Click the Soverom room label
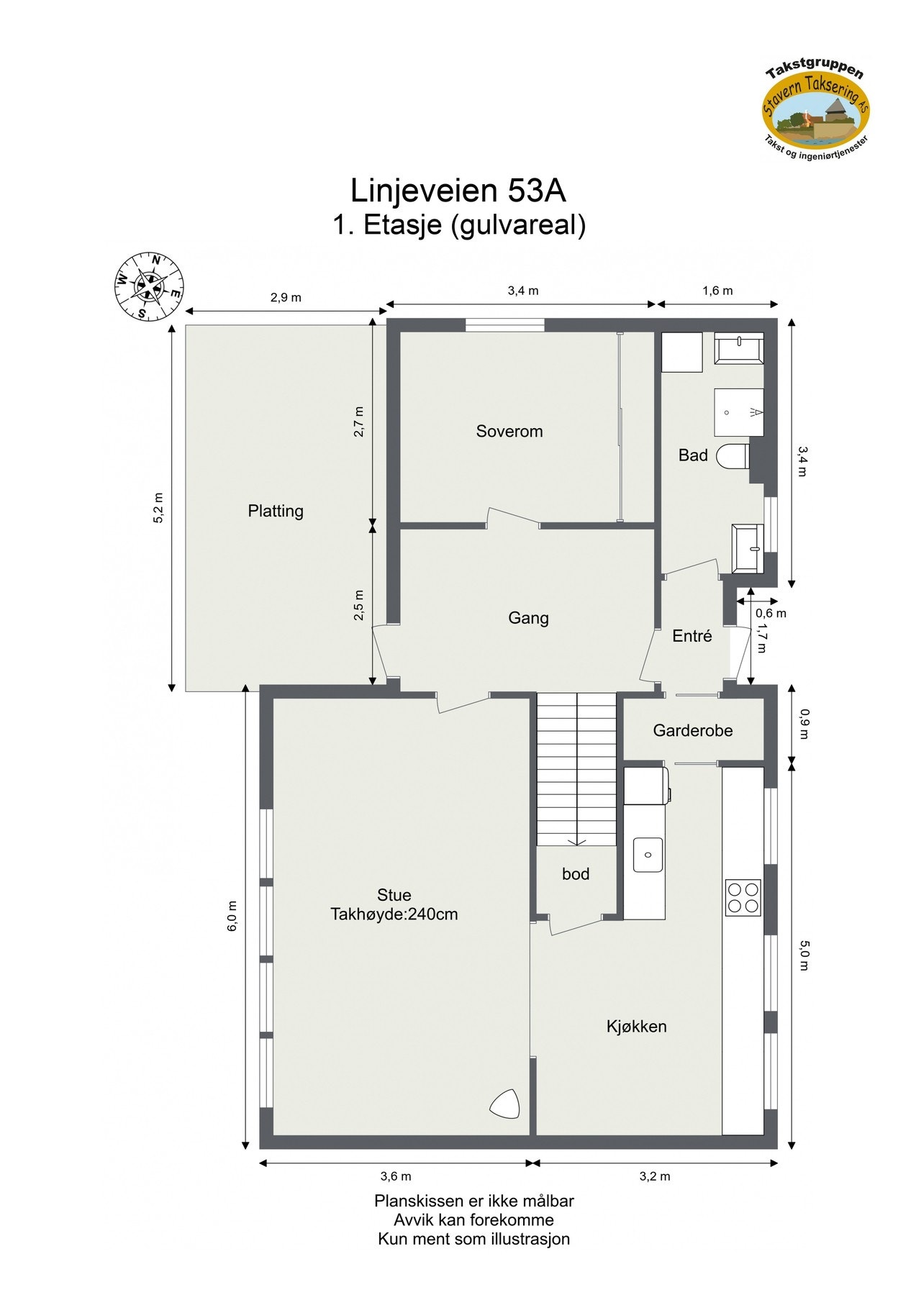coord(509,431)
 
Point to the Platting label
coord(276,511)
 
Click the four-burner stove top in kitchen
coord(743,897)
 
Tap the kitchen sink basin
coord(648,855)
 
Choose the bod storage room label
coord(576,874)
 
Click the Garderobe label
coord(692,731)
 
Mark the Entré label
coord(691,636)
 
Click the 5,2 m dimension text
coord(159,508)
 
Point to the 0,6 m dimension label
coord(771,614)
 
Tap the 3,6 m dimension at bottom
coord(396,1176)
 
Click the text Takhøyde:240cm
coord(394,914)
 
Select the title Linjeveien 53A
coord(458,191)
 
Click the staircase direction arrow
coord(576,841)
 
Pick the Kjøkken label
coord(636,1027)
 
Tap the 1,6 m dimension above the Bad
coord(717,291)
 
